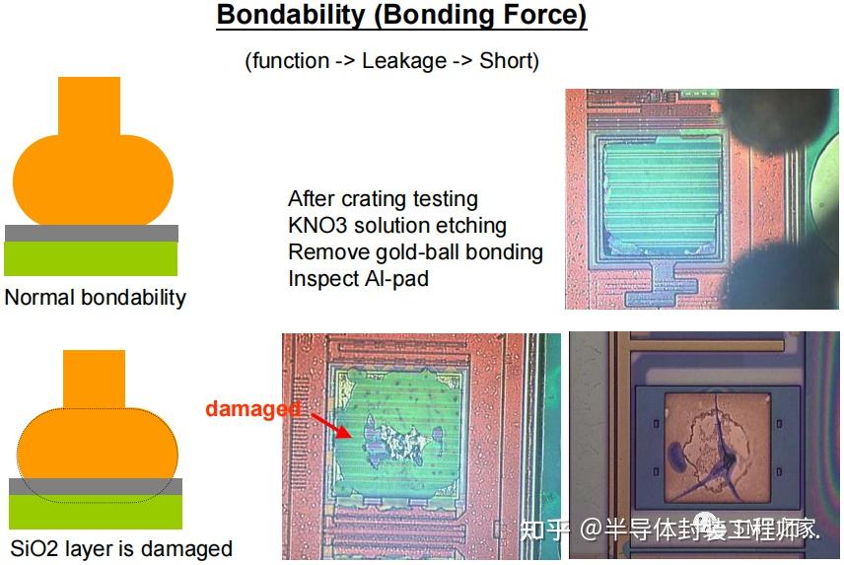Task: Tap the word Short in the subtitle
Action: (x=506, y=61)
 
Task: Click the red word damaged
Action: (x=252, y=408)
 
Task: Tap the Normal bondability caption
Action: (x=96, y=297)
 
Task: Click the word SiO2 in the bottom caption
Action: (x=35, y=548)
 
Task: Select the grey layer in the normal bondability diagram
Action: (x=92, y=234)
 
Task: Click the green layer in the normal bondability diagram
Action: (x=92, y=258)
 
